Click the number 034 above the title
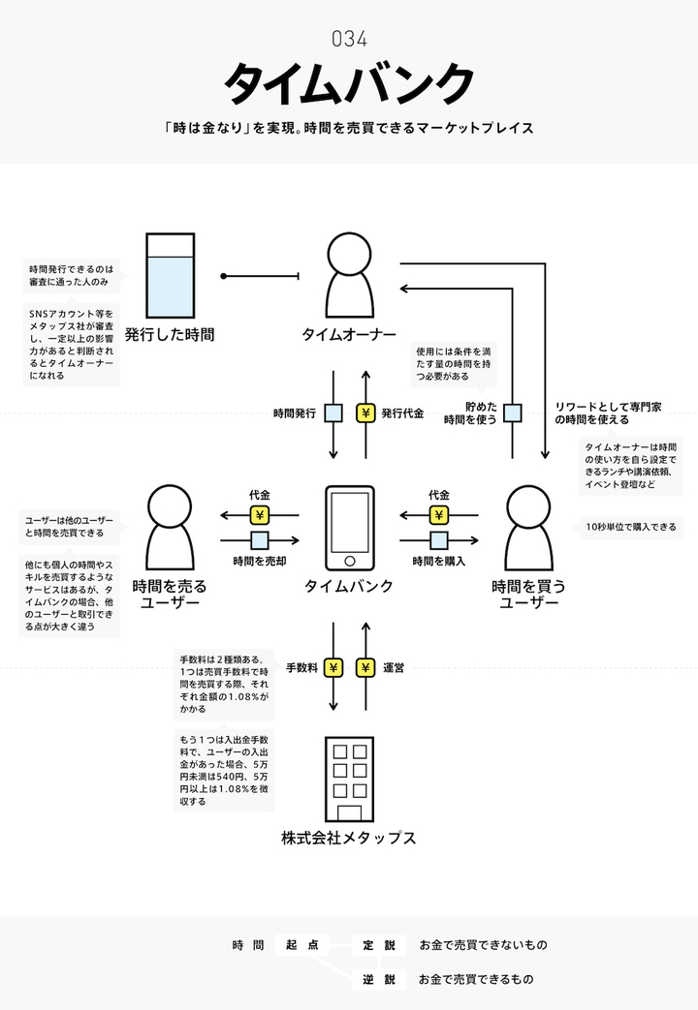coord(349,40)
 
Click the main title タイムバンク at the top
coord(349,84)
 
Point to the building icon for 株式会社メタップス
coord(349,779)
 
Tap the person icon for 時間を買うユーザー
coord(529,527)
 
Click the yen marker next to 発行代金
coord(365,413)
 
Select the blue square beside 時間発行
coord(333,413)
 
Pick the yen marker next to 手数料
coord(333,667)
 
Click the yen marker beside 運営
coord(365,667)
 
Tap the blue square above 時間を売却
coord(259,540)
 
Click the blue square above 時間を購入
coord(439,540)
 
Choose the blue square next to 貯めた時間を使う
coord(513,413)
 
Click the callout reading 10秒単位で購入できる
coord(632,528)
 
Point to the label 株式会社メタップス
coord(349,838)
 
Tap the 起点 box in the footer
coord(301,944)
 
